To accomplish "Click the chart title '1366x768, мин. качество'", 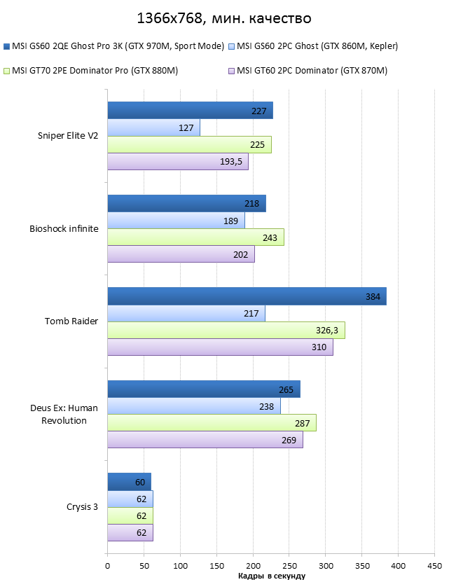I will click(x=223, y=18).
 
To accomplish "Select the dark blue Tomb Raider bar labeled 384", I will click(x=247, y=296).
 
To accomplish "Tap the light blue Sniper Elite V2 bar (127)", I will click(x=153, y=127).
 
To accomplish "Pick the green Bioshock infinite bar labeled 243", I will click(x=195, y=237).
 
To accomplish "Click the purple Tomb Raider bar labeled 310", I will click(x=220, y=347).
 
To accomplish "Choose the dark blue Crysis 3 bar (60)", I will click(x=129, y=482).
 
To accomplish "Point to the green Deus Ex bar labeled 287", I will click(x=212, y=423).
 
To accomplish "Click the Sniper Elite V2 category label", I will click(x=68, y=137).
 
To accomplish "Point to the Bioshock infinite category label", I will click(x=64, y=228).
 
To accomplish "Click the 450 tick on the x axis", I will click(x=434, y=564).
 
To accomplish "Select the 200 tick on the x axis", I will click(x=253, y=564).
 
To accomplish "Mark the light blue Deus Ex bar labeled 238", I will click(x=194, y=406).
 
